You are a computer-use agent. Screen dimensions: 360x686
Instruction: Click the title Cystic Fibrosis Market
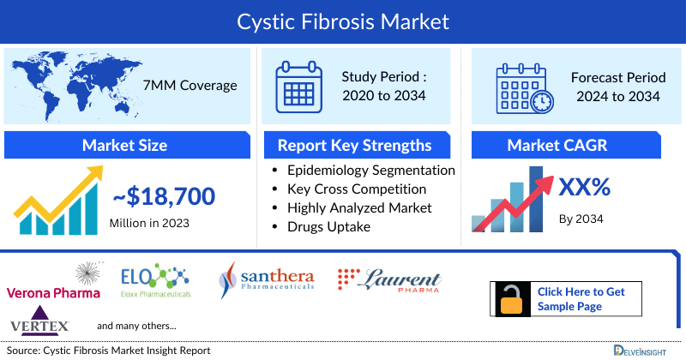pos(343,20)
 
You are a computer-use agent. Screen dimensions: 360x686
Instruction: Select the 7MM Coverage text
pos(190,85)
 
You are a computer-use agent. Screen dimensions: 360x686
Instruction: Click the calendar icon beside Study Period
pos(299,85)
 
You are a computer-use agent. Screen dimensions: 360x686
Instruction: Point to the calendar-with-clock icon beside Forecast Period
pos(525,88)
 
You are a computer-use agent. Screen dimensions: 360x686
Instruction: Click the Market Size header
pos(124,145)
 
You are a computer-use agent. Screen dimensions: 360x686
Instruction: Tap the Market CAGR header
pos(569,145)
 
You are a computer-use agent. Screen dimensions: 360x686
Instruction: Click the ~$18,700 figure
pos(163,198)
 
